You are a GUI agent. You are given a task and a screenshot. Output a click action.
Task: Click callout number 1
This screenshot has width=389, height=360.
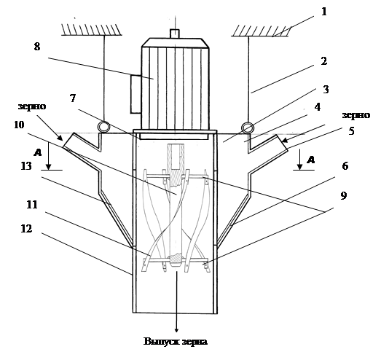(x=323, y=12)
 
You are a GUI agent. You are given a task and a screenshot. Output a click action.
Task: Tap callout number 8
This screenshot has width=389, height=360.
(x=37, y=47)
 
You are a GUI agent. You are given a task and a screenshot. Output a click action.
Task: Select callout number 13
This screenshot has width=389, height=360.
(x=26, y=165)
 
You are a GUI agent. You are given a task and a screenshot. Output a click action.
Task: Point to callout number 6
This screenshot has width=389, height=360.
(x=345, y=165)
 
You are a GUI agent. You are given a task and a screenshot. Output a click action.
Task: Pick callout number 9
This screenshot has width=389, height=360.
(x=343, y=195)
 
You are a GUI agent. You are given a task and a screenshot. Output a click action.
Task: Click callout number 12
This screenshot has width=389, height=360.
(x=26, y=228)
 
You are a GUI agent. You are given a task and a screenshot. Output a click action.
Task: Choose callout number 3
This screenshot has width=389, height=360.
(x=326, y=90)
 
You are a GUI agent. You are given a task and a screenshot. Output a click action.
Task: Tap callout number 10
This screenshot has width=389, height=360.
(x=19, y=125)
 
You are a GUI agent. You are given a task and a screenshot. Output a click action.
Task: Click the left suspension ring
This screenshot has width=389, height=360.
(x=103, y=127)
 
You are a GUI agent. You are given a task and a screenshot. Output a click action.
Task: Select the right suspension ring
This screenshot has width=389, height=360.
(x=248, y=128)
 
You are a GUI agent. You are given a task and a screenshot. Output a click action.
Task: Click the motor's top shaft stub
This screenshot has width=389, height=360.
(x=174, y=34)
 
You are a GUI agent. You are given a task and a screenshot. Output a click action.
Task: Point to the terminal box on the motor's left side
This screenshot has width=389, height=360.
(x=136, y=94)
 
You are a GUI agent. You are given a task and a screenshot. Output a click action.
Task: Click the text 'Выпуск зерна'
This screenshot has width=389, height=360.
(x=176, y=341)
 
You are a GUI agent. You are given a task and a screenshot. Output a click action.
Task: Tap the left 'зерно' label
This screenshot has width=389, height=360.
(x=32, y=106)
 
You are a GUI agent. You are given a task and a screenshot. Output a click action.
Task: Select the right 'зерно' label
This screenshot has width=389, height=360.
(x=356, y=115)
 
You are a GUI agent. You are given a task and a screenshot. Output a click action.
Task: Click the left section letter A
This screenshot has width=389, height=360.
(x=37, y=152)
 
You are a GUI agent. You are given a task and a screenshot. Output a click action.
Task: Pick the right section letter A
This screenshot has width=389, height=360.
(x=310, y=160)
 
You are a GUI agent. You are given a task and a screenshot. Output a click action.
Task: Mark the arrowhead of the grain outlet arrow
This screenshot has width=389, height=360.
(x=176, y=329)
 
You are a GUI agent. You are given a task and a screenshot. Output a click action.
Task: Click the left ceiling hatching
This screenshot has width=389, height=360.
(x=92, y=30)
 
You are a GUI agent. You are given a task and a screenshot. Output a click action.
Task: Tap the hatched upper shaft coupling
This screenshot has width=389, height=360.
(x=176, y=157)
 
